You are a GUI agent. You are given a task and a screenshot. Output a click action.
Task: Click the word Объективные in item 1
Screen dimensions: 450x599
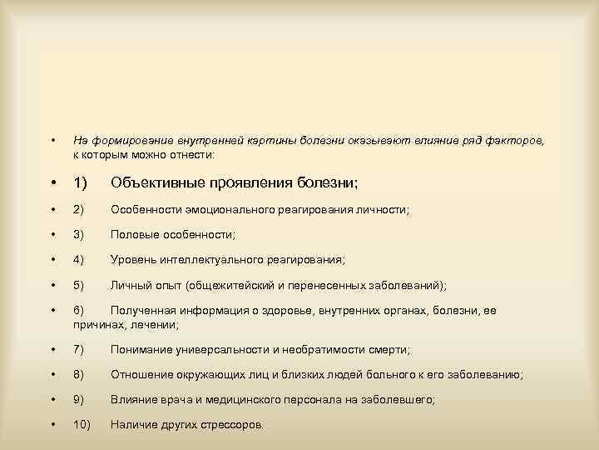click(x=160, y=182)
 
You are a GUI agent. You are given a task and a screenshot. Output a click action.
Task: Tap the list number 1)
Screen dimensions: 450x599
click(x=81, y=182)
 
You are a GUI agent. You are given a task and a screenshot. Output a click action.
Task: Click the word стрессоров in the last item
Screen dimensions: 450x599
click(x=230, y=425)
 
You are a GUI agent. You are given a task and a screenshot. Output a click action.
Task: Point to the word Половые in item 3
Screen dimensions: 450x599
click(x=132, y=235)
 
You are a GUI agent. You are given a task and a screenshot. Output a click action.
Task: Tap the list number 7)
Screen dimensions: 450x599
click(x=79, y=349)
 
